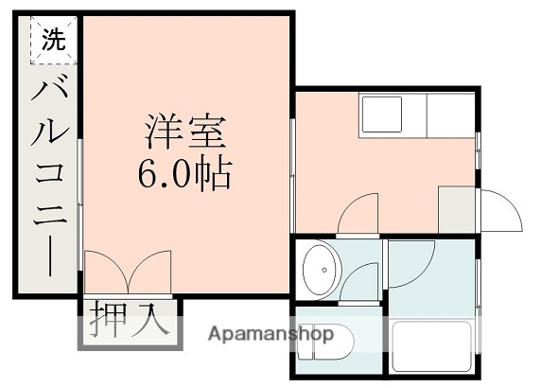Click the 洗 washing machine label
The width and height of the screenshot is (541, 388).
pos(54,41)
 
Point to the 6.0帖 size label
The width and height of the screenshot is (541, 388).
pos(186,174)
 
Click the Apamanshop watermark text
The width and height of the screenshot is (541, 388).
pos(270,334)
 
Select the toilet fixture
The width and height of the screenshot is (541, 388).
pos(325,344)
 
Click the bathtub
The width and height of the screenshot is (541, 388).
pos(432,348)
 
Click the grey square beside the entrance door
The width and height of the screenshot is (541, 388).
pos(455,207)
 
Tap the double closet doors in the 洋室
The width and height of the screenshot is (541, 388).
pos(127,273)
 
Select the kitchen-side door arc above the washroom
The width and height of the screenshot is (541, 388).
pos(360,214)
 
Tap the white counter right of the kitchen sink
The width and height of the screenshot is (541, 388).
pos(450,115)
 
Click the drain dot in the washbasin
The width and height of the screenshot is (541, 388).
pos(324,270)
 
